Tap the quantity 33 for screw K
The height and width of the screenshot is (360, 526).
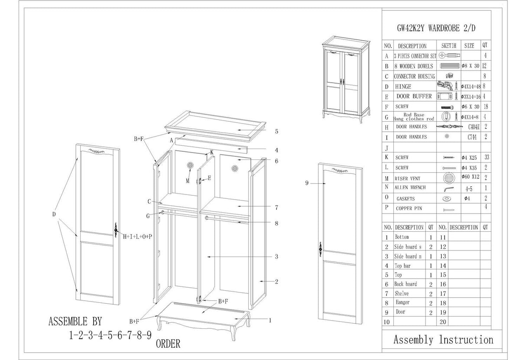click(x=486, y=158)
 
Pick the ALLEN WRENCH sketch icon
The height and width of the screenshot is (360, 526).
click(x=448, y=188)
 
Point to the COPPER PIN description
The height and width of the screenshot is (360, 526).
click(x=409, y=208)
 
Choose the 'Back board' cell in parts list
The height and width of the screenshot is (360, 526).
click(x=406, y=284)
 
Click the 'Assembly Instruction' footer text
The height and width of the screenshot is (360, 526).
click(x=443, y=340)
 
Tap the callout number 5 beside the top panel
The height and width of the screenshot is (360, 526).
click(x=276, y=131)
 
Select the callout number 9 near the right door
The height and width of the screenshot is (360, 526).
click(x=307, y=183)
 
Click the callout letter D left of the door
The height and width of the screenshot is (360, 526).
click(x=54, y=214)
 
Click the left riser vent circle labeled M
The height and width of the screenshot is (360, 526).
click(x=190, y=165)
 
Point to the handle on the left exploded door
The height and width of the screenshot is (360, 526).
click(x=116, y=230)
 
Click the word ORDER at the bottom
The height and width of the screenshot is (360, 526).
click(x=168, y=344)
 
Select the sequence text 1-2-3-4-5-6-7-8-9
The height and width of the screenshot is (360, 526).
click(x=110, y=335)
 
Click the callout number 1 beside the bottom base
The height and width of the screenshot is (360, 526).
click(x=270, y=321)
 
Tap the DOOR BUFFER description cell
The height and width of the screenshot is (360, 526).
click(x=414, y=96)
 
